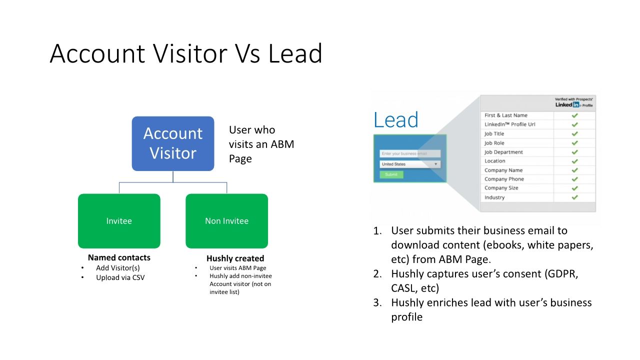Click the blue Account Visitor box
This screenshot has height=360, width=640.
pyautogui.click(x=173, y=143)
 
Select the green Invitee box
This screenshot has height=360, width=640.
pyautogui.click(x=119, y=221)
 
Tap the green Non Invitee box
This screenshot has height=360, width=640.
pyautogui.click(x=226, y=221)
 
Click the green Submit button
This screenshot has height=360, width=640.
pyautogui.click(x=391, y=174)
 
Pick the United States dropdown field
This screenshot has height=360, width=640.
pyautogui.click(x=409, y=164)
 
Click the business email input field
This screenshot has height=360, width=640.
pyautogui.click(x=409, y=153)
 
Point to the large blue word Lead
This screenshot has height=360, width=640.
pyautogui.click(x=395, y=120)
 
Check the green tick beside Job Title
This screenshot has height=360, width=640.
pyautogui.click(x=574, y=133)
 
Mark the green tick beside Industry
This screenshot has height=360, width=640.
pyautogui.click(x=574, y=197)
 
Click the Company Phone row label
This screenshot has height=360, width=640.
pyautogui.click(x=504, y=179)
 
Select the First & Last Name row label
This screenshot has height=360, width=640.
pyautogui.click(x=505, y=115)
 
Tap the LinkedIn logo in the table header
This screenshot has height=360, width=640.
pyautogui.click(x=567, y=105)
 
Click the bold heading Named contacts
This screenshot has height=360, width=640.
pyautogui.click(x=119, y=258)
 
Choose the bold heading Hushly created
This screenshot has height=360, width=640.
pyautogui.click(x=235, y=258)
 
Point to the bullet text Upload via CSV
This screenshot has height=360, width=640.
pyautogui.click(x=120, y=277)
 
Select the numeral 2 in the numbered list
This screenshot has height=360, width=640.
pyautogui.click(x=377, y=274)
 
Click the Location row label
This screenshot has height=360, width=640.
pyautogui.click(x=494, y=161)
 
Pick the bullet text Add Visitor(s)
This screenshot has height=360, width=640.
pyautogui.click(x=118, y=268)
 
